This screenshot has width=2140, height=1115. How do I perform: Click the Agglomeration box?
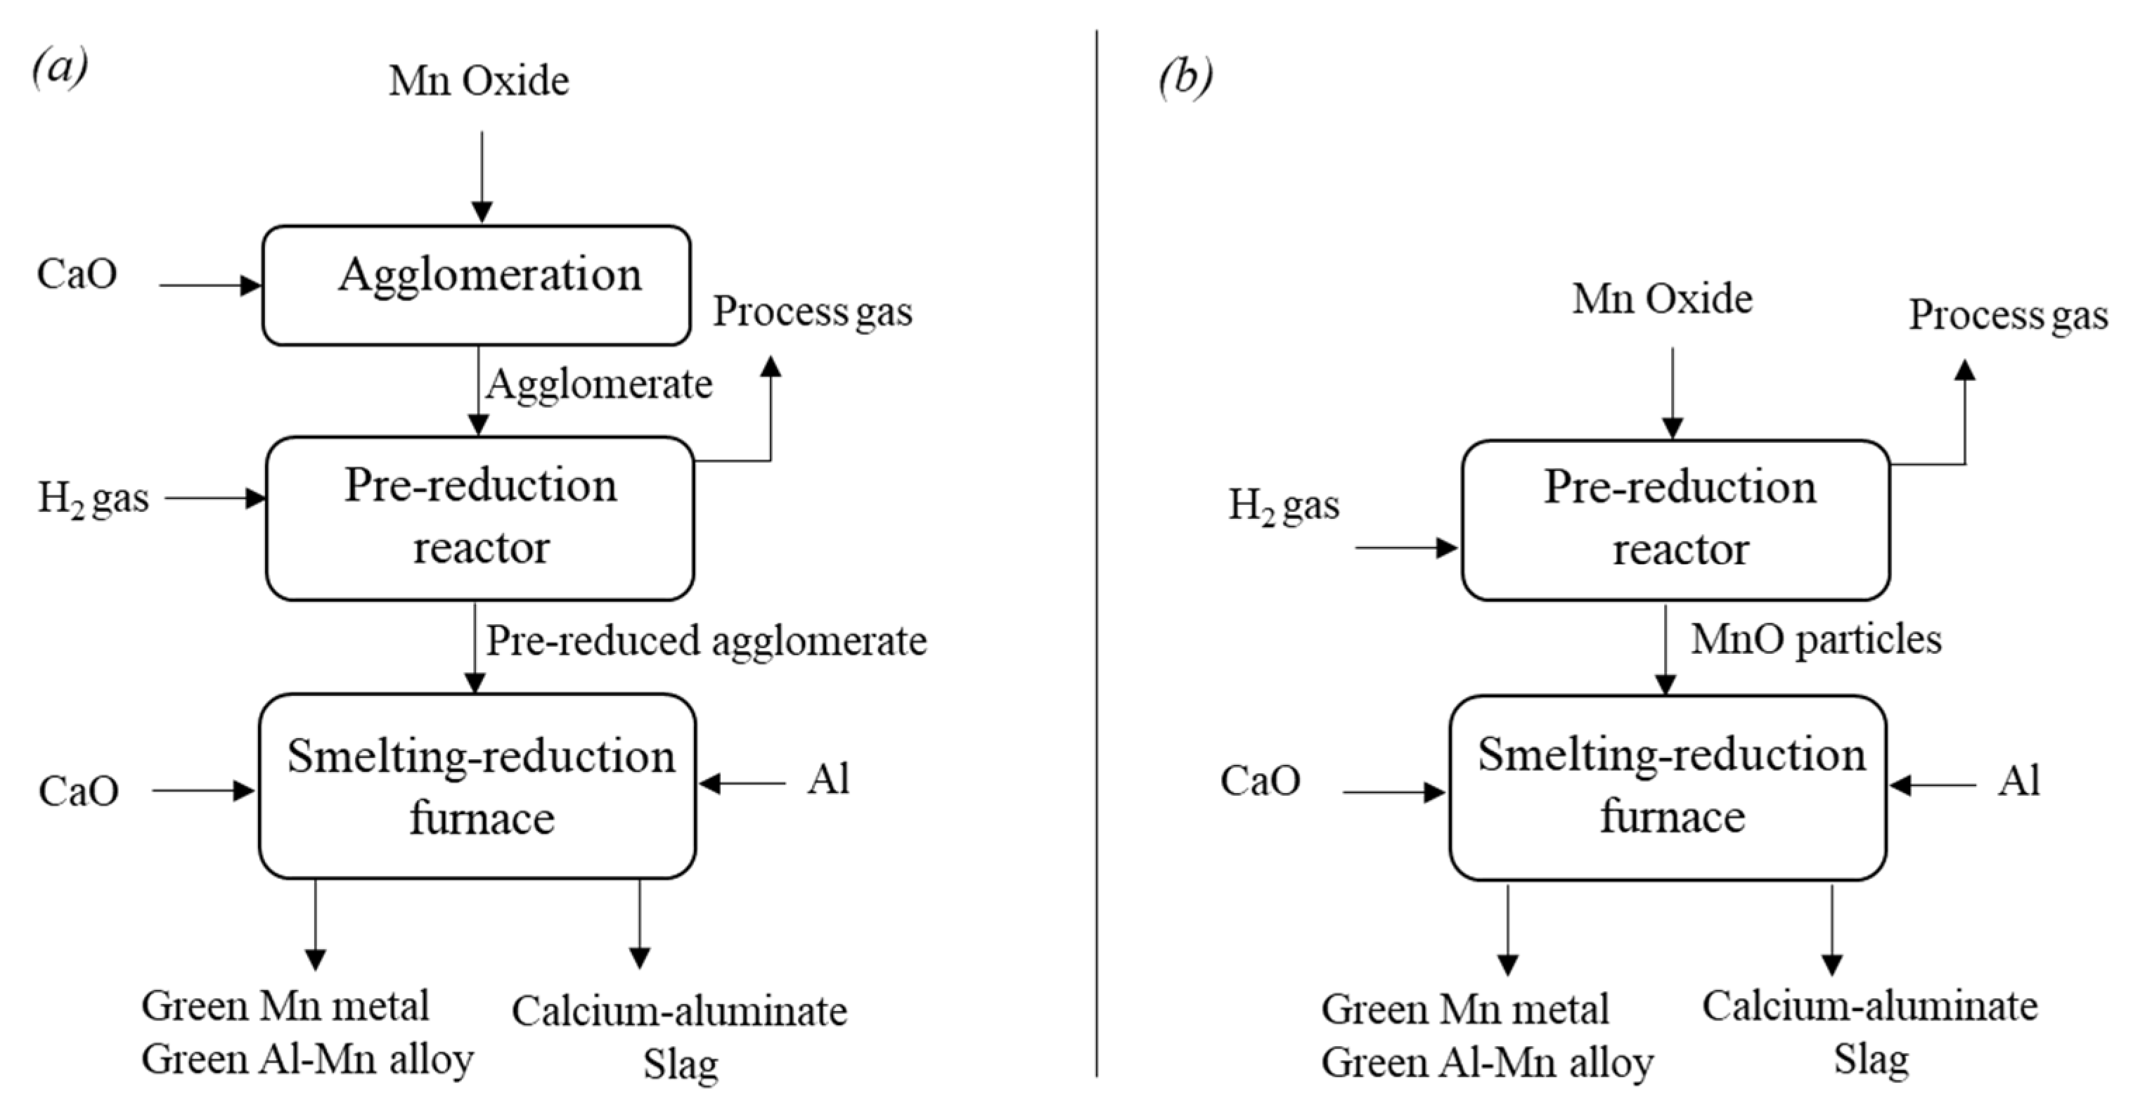(476, 285)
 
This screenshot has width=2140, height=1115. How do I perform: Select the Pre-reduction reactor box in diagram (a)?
(479, 517)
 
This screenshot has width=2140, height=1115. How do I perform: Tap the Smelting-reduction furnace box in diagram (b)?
(1668, 787)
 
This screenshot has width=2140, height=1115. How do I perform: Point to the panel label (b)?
(1185, 77)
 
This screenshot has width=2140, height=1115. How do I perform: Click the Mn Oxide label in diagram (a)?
(479, 82)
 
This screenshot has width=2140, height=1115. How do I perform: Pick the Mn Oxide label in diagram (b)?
(1661, 299)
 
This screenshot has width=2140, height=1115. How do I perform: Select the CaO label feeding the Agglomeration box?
(77, 274)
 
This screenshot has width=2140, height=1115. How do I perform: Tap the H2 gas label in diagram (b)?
(1284, 507)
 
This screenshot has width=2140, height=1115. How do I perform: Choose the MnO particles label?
(1816, 640)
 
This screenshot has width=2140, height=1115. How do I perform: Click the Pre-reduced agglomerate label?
(706, 641)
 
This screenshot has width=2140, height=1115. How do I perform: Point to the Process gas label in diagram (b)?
(2008, 316)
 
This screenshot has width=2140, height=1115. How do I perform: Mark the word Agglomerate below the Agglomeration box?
(599, 385)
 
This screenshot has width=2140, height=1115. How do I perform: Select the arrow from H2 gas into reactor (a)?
(214, 498)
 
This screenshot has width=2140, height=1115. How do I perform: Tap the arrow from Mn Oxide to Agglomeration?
(482, 176)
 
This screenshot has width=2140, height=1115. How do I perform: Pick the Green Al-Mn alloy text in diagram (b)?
(1487, 1063)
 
